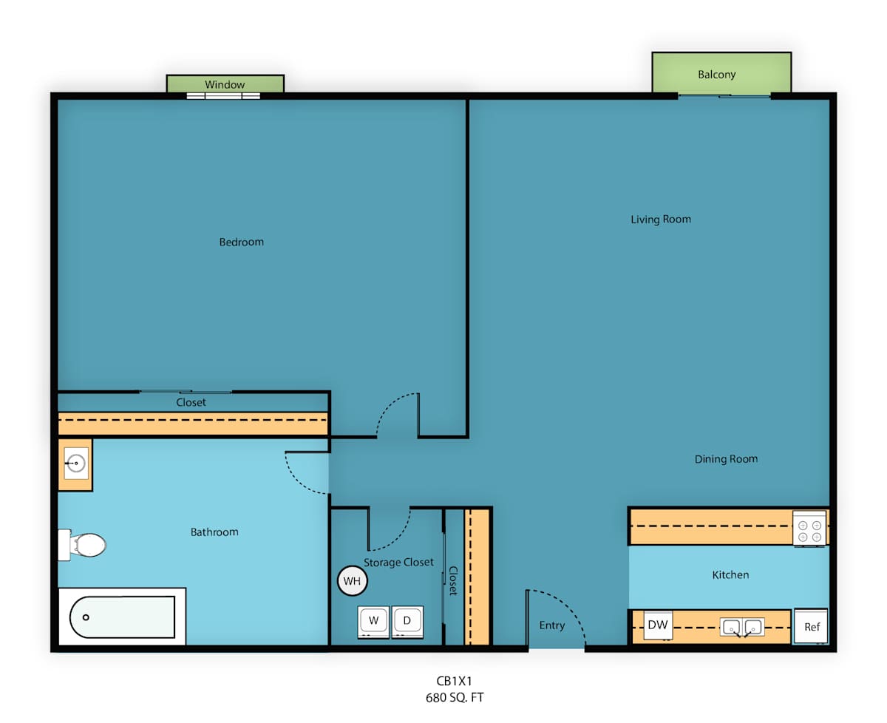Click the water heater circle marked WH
point(352,580)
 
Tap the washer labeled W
point(373,622)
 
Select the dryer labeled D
point(407,622)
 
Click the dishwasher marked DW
point(658,625)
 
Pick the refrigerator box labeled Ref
point(811,626)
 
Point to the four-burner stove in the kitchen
point(809,528)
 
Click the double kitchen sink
point(742,627)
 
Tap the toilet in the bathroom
point(83,545)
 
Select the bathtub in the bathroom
point(122,617)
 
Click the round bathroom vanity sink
point(76,463)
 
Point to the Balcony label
point(717,75)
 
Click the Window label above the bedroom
point(225,84)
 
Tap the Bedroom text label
point(242,242)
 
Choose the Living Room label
point(661,220)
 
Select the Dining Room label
point(727,459)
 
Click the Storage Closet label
point(398,563)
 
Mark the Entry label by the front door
point(552,625)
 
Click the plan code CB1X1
point(455,682)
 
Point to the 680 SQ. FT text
point(455,698)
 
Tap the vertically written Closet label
point(454,581)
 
